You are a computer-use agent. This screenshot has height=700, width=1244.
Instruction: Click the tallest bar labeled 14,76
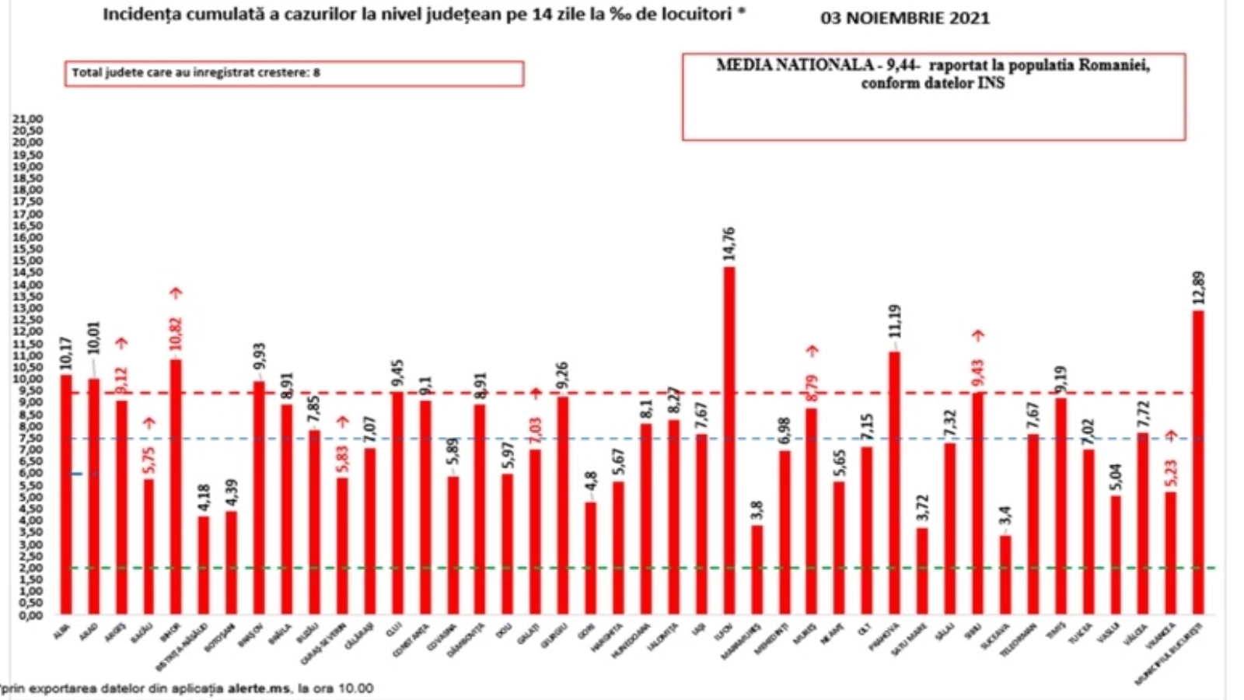pos(729,440)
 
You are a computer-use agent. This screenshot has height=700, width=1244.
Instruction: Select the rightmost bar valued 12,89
pos(1198,462)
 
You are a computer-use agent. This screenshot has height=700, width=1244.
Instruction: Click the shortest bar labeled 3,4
pos(1005,574)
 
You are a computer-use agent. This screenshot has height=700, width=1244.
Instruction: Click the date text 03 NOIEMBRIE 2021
pos(905,18)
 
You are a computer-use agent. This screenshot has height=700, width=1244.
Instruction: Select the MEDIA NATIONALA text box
pos(933,96)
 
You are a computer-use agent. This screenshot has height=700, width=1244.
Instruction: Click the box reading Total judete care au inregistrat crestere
pos(294,73)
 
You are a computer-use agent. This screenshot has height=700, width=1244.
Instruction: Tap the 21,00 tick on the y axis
pos(27,119)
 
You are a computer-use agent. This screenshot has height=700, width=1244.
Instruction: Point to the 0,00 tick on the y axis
pos(27,615)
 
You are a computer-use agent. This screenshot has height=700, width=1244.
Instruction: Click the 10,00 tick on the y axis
pos(27,379)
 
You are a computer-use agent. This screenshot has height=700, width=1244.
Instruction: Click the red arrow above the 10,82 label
pos(176,293)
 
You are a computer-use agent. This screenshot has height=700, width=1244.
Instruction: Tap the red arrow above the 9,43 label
pos(978,335)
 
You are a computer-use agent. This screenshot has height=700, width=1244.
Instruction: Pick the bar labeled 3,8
pos(757,569)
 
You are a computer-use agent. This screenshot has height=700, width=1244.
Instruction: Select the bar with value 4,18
pos(204,565)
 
